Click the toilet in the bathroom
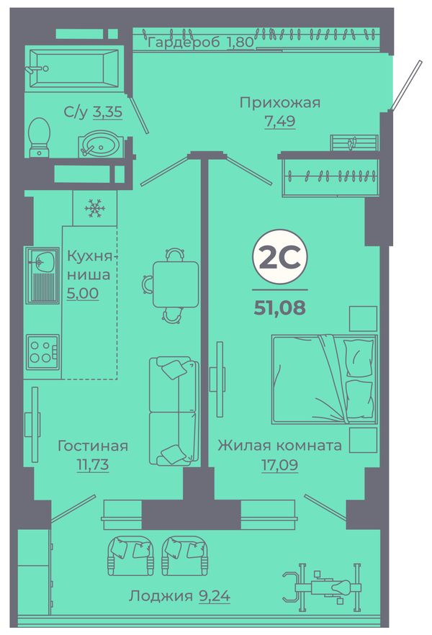pos(40,138)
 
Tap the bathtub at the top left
pos(74,68)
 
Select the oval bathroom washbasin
pos(99,143)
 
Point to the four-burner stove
pos(42,352)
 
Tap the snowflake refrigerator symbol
pos(95,209)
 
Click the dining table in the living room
pos(176,284)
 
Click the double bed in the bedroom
pos(324,379)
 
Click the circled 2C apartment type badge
pos(280,259)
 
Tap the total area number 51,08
pos(280,308)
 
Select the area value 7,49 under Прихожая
pos(280,121)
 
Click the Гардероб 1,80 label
pos(201,42)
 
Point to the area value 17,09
pos(280,465)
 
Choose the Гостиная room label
pos(93,446)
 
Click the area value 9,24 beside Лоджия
pos(215,595)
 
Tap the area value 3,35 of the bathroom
pos(108,112)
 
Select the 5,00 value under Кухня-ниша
pos(83,293)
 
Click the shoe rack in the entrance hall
pos(354,143)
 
